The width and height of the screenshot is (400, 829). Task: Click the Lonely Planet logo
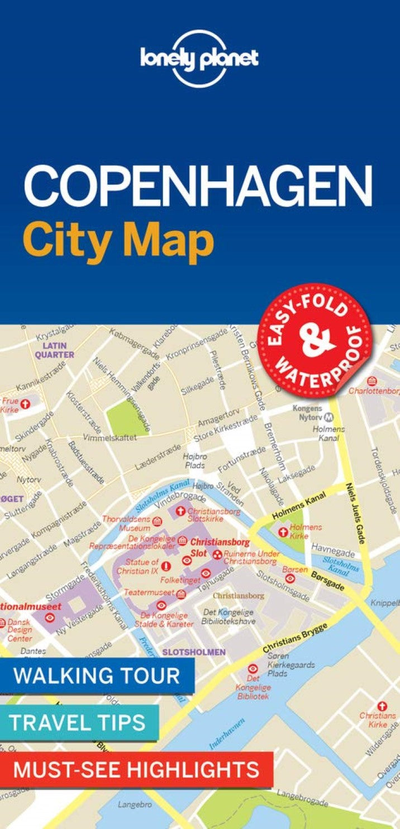(199, 59)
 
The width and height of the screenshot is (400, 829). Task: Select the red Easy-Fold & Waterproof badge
(314, 340)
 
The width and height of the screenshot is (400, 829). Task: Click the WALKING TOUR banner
(97, 675)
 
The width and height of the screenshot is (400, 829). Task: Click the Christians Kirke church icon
(382, 706)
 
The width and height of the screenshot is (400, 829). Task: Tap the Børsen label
(296, 569)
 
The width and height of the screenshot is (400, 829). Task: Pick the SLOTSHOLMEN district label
(194, 652)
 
